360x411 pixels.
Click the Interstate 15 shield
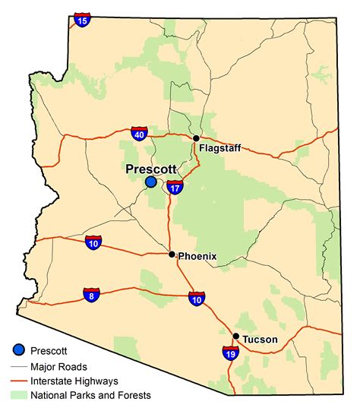coord(82,21)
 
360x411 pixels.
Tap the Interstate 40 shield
coord(139,134)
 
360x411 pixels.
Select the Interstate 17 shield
coord(175,187)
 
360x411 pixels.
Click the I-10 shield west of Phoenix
coord(93,243)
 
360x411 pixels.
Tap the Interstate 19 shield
coord(229,353)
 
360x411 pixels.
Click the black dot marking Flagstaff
coord(196,138)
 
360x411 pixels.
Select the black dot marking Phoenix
coord(172,255)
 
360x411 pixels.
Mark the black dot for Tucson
coord(236,337)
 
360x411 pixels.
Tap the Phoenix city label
coord(197,257)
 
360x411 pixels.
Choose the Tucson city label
coord(261,340)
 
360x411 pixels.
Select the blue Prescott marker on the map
coord(151,182)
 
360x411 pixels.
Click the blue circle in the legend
coord(18,350)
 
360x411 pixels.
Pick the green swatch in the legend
coord(19,395)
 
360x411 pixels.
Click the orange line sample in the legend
coord(19,380)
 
